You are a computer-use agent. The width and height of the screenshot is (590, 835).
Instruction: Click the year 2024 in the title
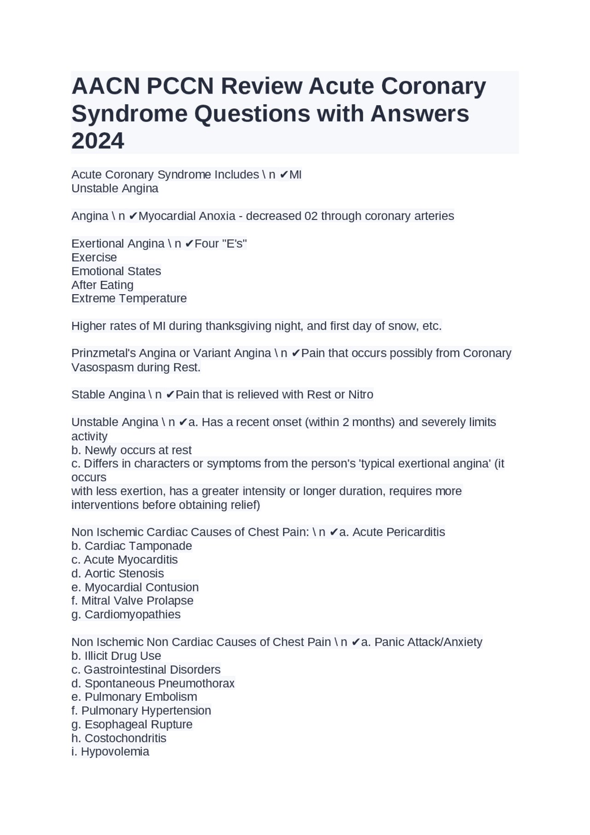click(x=98, y=141)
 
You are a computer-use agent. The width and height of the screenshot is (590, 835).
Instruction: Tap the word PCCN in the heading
click(x=180, y=86)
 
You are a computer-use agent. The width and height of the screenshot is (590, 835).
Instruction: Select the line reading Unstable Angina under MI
click(x=115, y=189)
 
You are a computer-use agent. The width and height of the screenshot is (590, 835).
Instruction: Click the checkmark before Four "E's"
click(x=189, y=244)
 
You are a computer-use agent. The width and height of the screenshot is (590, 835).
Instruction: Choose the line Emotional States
click(x=116, y=271)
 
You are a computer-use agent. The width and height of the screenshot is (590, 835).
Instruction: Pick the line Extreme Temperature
click(x=129, y=298)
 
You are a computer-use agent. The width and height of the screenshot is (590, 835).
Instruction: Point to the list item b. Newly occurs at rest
click(x=131, y=450)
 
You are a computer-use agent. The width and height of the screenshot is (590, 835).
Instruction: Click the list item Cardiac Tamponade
click(x=138, y=546)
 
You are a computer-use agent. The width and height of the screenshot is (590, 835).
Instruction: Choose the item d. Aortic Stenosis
click(x=118, y=574)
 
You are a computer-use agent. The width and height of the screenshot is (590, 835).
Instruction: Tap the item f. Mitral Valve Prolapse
click(x=133, y=601)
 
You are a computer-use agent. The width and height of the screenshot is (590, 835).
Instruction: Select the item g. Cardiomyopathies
click(x=126, y=615)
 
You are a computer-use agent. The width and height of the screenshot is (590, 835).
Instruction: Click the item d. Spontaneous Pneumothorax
click(x=153, y=683)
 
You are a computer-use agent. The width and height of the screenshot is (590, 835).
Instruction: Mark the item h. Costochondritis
click(x=119, y=738)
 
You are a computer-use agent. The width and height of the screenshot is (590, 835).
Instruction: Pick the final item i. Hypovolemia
click(x=111, y=752)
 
